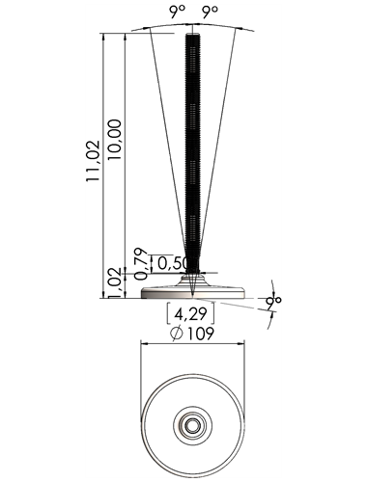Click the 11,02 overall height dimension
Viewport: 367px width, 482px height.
point(93,161)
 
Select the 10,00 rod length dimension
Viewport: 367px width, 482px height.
point(115,140)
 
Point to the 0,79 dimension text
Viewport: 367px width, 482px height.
point(141,263)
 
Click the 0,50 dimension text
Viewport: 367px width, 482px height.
point(172,263)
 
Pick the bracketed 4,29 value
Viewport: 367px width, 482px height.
point(190,314)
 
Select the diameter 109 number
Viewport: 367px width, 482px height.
point(200,334)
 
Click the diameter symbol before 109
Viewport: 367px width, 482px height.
point(177,334)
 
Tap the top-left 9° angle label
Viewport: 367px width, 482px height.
point(178,12)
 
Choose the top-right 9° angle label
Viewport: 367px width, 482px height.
point(210,12)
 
